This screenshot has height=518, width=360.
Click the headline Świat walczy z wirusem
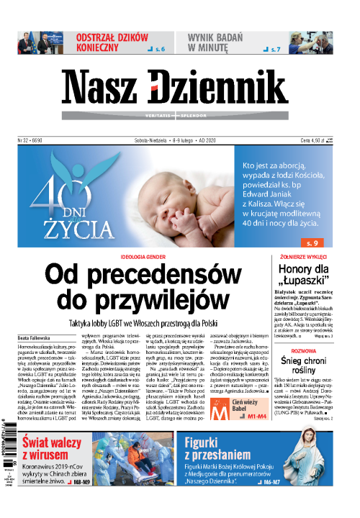[62, 453]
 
